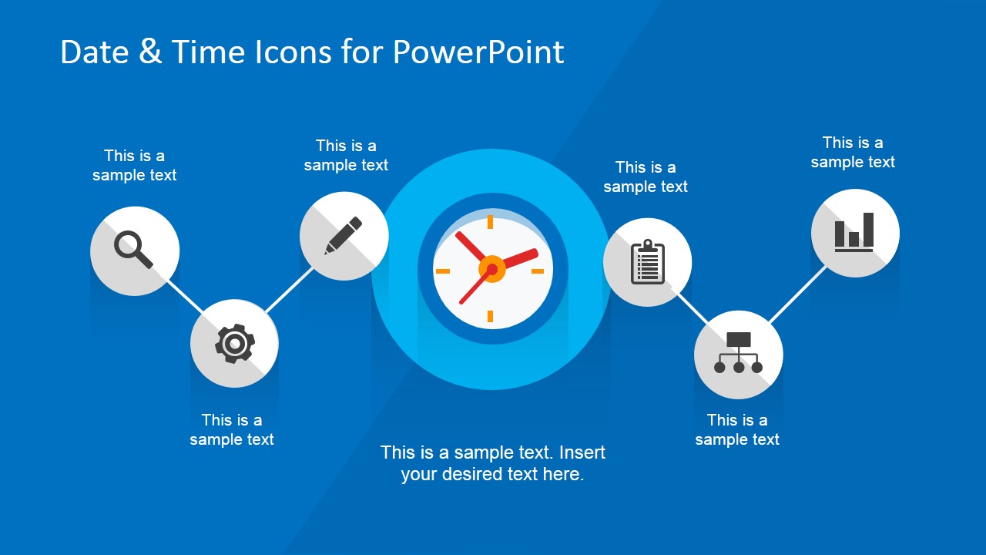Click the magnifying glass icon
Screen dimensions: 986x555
point(133,249)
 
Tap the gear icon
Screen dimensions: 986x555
point(235,344)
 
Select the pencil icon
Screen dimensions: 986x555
point(344,236)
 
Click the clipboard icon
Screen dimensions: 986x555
point(648,262)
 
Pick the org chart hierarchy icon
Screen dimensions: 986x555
point(738,353)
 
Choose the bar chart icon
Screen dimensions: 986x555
point(854,233)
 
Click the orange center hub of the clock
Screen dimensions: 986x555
point(491,269)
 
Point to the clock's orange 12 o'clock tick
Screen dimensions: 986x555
point(490,222)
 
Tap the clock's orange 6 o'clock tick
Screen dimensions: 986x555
point(490,316)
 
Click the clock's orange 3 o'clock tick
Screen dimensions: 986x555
point(538,271)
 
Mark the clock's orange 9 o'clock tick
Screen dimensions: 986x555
point(443,271)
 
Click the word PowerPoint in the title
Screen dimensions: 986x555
point(478,52)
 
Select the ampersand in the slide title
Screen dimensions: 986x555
point(150,51)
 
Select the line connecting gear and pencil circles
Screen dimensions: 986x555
point(289,290)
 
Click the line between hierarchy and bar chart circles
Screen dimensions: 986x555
point(797,294)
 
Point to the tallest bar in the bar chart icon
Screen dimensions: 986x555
point(868,230)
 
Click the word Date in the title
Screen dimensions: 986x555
point(95,52)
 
